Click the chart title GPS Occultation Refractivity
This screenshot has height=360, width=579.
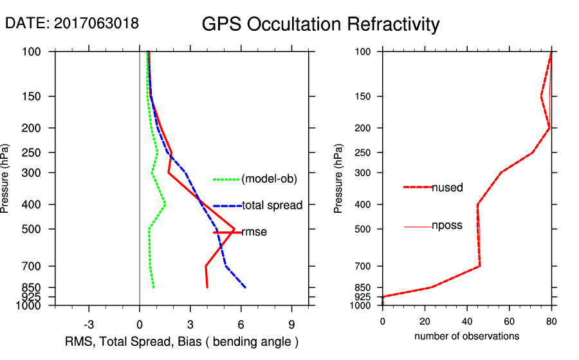[x=320, y=24]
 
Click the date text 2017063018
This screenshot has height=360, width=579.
[x=72, y=23]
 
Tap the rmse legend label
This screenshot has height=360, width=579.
[x=254, y=232]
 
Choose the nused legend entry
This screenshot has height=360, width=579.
[x=447, y=187]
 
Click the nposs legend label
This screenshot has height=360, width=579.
[x=447, y=226]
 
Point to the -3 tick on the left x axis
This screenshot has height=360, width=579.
[x=89, y=324]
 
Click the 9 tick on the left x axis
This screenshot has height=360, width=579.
[x=291, y=324]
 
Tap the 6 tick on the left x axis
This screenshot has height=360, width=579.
[x=241, y=324]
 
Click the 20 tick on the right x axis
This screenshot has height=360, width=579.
[x=425, y=321]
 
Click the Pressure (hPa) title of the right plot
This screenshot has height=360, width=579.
[x=338, y=178]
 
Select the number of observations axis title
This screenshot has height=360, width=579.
[x=466, y=336]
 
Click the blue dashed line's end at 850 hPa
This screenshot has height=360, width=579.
[x=245, y=287]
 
